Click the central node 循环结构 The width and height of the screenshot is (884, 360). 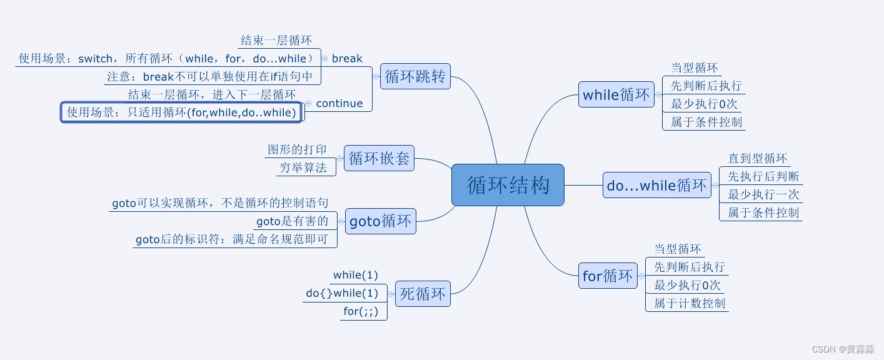pyautogui.click(x=508, y=185)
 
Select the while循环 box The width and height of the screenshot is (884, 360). pyautogui.click(x=616, y=95)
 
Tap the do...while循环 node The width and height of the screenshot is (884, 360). pyautogui.click(x=656, y=186)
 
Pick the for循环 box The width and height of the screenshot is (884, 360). pyautogui.click(x=608, y=276)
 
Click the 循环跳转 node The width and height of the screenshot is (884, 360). pyautogui.click(x=415, y=76)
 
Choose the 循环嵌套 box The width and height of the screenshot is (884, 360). pyautogui.click(x=379, y=158)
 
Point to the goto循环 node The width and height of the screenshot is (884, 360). pyautogui.click(x=380, y=221)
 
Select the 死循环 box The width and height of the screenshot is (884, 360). pyautogui.click(x=423, y=294)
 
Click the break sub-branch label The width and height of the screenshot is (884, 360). pyautogui.click(x=347, y=58)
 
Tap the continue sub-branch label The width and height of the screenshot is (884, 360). pyautogui.click(x=339, y=103)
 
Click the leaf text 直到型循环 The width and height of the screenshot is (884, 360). pyautogui.click(x=757, y=158)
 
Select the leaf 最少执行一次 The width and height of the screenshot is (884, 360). pyautogui.click(x=763, y=194)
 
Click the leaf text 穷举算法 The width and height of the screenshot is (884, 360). pyautogui.click(x=303, y=167)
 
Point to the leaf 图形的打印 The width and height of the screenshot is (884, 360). pyautogui.click(x=297, y=149)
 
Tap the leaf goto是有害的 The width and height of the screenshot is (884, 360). pyautogui.click(x=292, y=221)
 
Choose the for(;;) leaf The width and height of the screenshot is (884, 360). pyautogui.click(x=361, y=311)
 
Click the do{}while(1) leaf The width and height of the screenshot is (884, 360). pyautogui.click(x=342, y=293)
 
